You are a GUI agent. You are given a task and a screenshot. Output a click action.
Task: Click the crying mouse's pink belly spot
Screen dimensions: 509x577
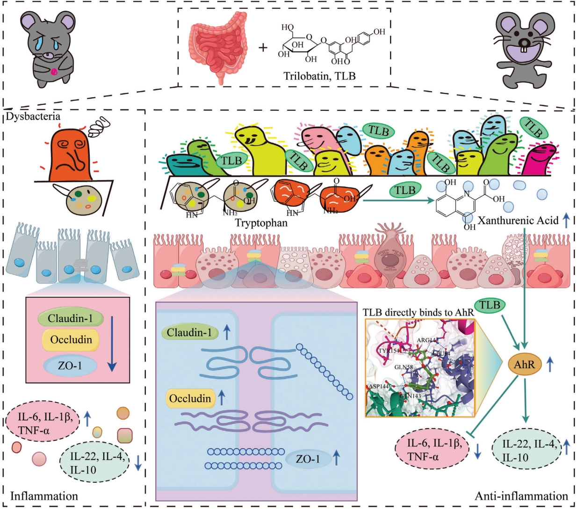click(x=54, y=72)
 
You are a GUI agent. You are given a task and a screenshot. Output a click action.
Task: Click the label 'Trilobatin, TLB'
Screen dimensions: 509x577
click(x=319, y=75)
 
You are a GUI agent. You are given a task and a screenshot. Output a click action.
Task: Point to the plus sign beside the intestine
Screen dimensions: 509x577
click(x=264, y=47)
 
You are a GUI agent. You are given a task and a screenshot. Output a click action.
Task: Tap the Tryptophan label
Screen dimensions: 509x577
click(x=261, y=223)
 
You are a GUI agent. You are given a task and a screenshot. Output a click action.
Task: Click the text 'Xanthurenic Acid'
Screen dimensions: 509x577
click(x=518, y=220)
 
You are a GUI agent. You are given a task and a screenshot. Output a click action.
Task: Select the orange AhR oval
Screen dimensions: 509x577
click(x=524, y=364)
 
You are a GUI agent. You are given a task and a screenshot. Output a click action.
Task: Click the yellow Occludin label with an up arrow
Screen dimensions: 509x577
click(x=190, y=399)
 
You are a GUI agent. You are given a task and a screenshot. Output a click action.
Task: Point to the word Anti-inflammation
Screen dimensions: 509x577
click(x=521, y=496)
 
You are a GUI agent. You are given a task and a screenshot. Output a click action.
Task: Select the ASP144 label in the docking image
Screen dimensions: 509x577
click(x=378, y=387)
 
